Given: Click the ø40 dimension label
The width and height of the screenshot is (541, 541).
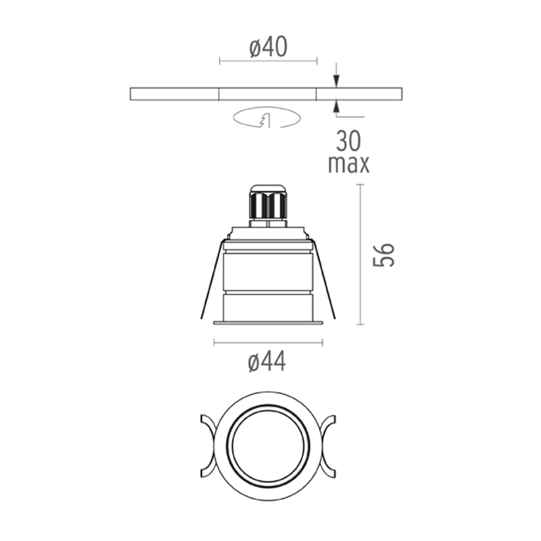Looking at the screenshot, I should (x=268, y=47).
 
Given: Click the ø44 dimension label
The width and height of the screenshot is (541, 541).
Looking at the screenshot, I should (x=266, y=362).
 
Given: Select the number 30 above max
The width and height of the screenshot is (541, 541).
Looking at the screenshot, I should (x=348, y=141).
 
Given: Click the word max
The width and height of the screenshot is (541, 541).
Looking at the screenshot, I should (x=348, y=164).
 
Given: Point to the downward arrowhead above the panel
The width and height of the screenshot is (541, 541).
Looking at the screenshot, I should (x=337, y=81).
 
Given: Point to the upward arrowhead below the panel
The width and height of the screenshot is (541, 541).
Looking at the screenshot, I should (x=337, y=106).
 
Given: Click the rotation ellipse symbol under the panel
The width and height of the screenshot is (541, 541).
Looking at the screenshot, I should (x=266, y=119).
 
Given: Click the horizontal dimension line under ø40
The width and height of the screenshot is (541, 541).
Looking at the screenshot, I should (x=268, y=62).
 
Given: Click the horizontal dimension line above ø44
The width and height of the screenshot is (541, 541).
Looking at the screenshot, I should (x=268, y=344).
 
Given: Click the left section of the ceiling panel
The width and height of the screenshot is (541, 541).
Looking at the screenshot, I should (x=174, y=94).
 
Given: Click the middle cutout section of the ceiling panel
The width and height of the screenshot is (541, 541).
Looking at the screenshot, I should (x=268, y=94).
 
